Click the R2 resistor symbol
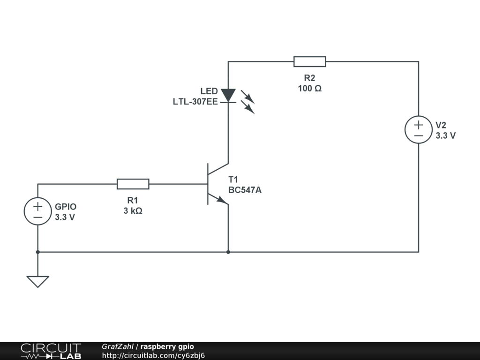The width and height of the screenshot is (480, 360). point(309,61)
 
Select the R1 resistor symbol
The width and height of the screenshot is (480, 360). point(133,184)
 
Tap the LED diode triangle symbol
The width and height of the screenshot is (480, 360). point(228,96)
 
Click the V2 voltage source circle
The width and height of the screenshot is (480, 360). point(418,130)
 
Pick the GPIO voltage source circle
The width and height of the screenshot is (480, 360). point(37,211)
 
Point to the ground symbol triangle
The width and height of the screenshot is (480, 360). point(37,281)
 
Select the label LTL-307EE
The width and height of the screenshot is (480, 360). point(195,101)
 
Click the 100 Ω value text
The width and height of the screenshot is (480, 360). point(309,89)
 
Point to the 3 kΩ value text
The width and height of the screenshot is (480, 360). point(133,211)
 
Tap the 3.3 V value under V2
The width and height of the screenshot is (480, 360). point(445,136)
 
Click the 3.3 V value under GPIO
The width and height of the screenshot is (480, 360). point(65,217)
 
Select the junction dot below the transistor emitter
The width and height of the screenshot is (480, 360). point(228,252)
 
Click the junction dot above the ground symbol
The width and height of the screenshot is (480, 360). point(37,252)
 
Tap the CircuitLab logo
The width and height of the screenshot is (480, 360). point(50,351)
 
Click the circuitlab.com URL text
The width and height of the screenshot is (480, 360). point(153,355)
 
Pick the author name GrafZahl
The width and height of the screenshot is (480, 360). point(117,347)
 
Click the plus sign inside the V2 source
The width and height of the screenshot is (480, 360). point(418,125)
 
